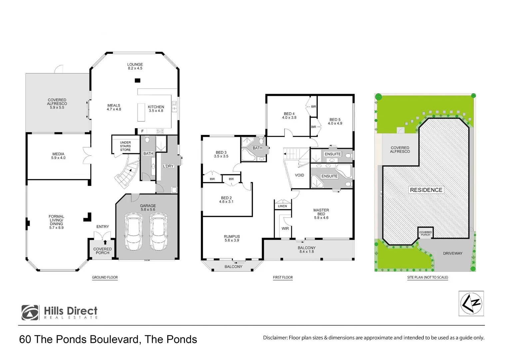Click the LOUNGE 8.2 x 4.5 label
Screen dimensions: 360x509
point(135,66)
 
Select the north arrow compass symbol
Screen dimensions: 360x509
point(471,303)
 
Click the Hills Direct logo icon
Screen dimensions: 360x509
point(30,313)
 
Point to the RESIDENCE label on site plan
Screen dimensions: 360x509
point(426,190)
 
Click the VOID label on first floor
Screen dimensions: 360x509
point(299,175)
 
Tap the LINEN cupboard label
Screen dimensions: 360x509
point(282,206)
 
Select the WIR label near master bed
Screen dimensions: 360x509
point(285,229)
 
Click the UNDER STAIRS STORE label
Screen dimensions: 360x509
point(125,146)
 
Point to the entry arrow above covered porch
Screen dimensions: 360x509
point(105,242)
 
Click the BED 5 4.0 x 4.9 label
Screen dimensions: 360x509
point(335,121)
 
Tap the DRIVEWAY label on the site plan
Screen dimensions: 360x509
point(452,253)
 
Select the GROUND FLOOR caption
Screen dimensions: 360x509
point(105,277)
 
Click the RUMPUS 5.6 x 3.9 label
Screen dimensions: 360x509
point(232,238)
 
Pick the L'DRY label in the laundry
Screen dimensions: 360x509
point(168,166)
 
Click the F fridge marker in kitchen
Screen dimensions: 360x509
point(142,131)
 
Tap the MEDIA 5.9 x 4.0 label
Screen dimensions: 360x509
point(58,156)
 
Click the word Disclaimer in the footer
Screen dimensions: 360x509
point(275,338)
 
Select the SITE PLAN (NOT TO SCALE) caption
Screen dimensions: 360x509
point(427,277)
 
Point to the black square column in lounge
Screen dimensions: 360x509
point(137,80)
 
